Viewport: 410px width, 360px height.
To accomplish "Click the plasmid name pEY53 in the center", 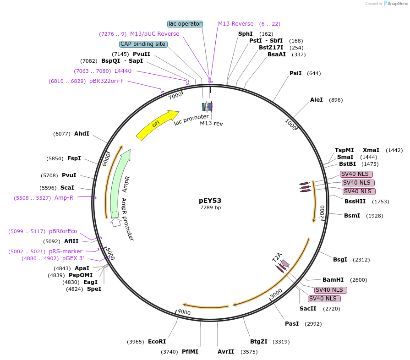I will [210, 200].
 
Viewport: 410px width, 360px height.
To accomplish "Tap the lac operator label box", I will [185, 24].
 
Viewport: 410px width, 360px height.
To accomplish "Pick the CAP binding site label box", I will [143, 44].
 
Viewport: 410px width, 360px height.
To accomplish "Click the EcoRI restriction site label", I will [157, 342].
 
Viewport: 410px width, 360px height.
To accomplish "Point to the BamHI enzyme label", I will [333, 280].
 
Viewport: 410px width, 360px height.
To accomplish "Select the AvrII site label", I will [226, 352].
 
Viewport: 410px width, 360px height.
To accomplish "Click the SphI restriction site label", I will [246, 34].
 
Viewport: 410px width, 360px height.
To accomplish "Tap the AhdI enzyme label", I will [82, 134].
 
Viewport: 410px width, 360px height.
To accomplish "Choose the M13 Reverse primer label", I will [235, 24].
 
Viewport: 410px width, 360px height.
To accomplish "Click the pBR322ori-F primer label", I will [106, 81].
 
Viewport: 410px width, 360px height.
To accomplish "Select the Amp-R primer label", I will [64, 198].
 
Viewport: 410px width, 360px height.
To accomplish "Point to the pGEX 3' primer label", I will [73, 258].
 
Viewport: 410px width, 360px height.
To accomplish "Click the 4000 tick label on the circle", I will [184, 312].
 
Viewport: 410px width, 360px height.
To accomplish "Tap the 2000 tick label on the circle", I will [322, 212].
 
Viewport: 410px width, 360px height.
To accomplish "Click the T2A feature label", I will [277, 257].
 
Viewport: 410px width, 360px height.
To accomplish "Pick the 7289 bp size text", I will [210, 207].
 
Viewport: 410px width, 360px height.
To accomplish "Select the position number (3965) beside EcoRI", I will [136, 342].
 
